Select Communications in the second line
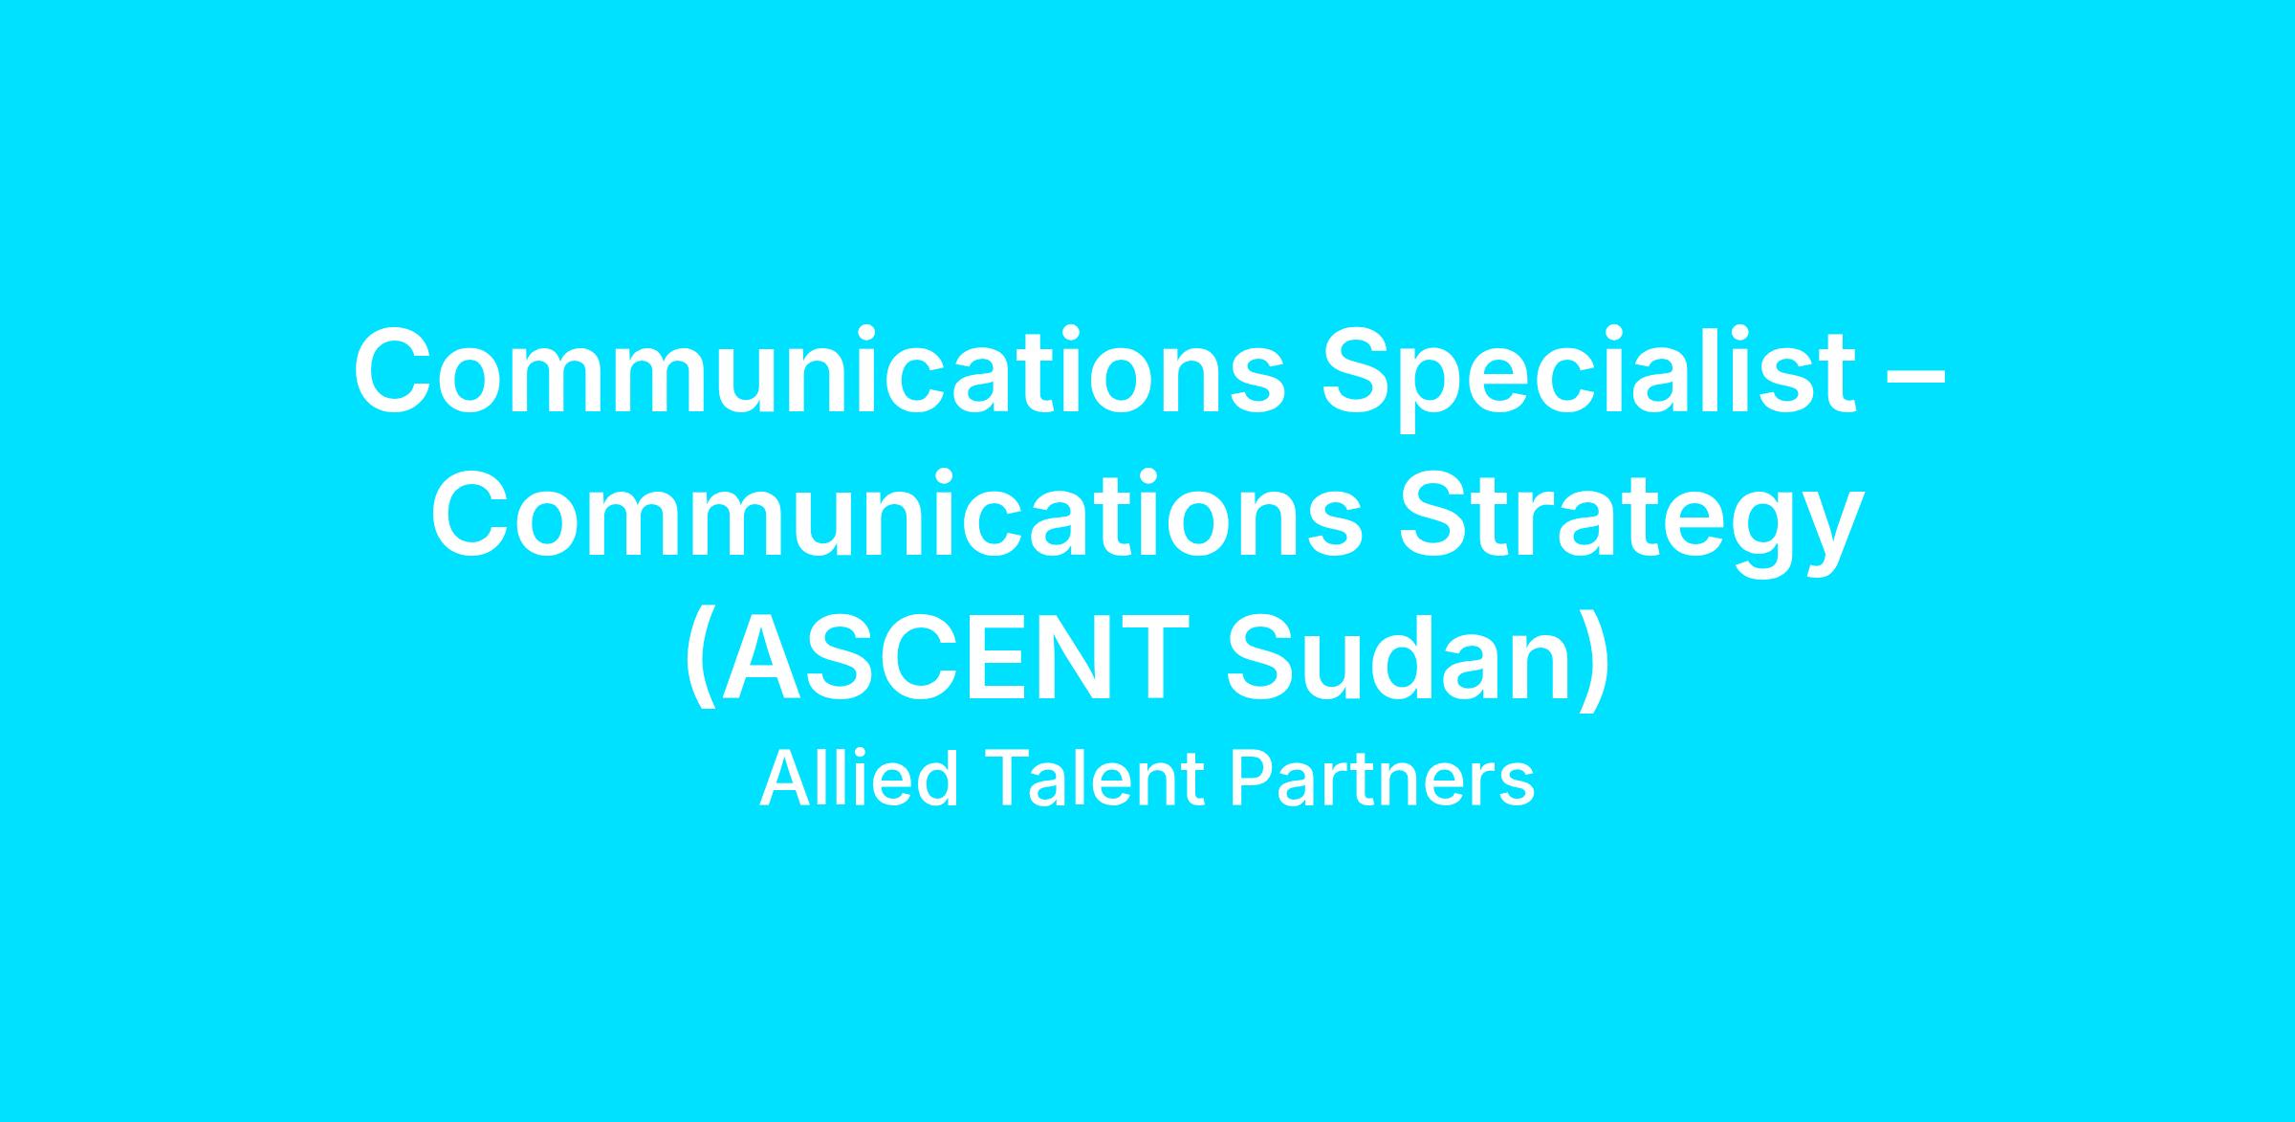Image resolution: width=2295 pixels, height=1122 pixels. pos(897,512)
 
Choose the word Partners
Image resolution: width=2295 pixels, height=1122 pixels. pos(1383,778)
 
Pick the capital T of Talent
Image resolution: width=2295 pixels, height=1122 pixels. pos(1007,779)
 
